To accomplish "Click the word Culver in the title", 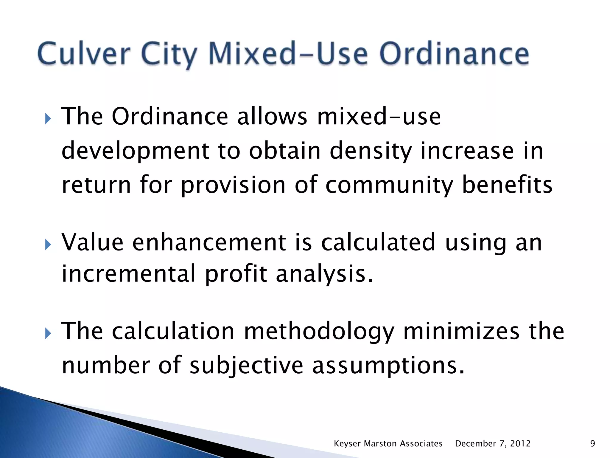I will click(84, 54).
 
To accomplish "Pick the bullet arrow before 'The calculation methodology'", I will click(48, 334).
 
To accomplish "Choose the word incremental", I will click(128, 274).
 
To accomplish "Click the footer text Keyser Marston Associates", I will click(388, 444).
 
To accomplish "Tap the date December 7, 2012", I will click(493, 444).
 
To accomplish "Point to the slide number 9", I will click(592, 444).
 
